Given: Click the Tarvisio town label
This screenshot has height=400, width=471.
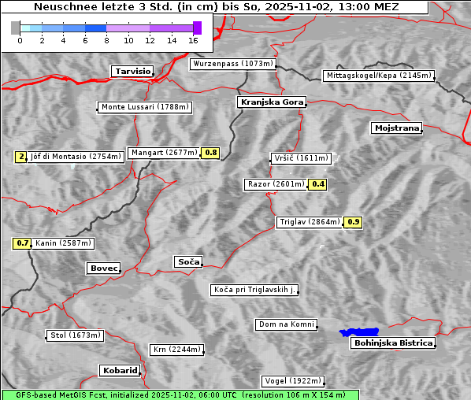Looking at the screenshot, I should tap(132, 71).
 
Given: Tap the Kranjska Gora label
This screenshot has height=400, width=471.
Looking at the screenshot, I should tap(270, 102).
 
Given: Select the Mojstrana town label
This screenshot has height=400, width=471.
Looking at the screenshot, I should tap(397, 128).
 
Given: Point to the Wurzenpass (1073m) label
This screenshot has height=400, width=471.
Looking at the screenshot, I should tap(233, 64).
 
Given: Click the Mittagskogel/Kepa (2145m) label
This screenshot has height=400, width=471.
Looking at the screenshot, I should tap(378, 76).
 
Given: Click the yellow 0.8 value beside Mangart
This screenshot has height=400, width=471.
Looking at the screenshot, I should tap(210, 153).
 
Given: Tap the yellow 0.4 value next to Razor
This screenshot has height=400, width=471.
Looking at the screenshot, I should tap(317, 184).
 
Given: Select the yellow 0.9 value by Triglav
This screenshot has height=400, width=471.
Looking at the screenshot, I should tap(354, 222).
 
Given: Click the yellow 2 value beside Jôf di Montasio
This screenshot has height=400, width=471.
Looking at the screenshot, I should tap(20, 157).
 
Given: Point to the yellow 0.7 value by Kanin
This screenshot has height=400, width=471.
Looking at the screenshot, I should tap(22, 243).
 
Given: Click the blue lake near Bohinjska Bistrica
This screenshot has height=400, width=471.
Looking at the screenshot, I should tap(358, 332).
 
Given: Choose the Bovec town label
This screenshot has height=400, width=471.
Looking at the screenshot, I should tap(103, 269).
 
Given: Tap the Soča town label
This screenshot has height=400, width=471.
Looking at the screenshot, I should tap(187, 261).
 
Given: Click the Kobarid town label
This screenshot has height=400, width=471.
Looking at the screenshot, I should tap(120, 370).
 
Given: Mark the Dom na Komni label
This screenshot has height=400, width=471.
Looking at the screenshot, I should tap(286, 324).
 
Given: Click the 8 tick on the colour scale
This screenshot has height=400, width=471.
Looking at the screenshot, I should tap(106, 39).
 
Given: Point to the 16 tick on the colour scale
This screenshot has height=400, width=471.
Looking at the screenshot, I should tap(194, 39).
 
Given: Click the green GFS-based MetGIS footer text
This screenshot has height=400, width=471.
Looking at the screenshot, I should tap(180, 394).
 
